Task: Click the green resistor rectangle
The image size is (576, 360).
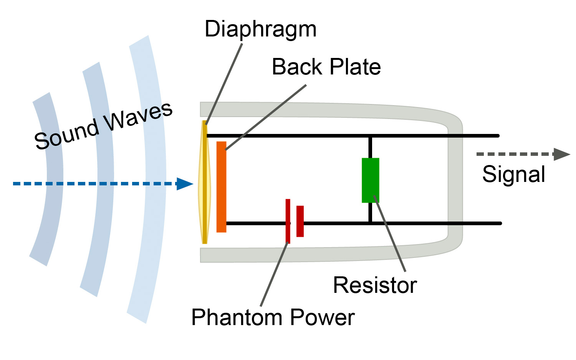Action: pos(370,180)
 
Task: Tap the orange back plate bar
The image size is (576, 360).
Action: pos(221,187)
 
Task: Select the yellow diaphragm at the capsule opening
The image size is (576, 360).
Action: pos(204,182)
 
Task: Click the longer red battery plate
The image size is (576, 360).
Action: pos(288,221)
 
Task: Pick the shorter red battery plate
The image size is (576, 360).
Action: pos(300,221)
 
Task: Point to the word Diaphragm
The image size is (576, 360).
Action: pos(260,30)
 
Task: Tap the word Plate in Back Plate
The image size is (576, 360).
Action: pos(355,67)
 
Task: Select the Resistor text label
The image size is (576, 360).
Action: pos(375,285)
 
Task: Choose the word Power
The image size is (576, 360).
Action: pos(322,317)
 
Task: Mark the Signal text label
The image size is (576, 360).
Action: pos(513,174)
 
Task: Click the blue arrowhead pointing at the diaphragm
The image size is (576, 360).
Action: pos(185,184)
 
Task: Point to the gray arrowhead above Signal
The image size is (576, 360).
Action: pos(561,154)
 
